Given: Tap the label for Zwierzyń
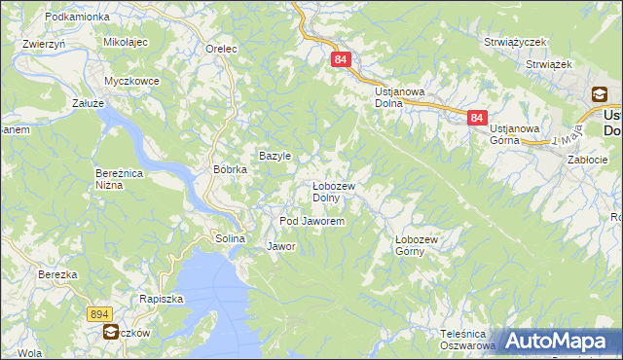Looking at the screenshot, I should click(x=44, y=44).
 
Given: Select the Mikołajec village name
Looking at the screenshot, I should click(x=125, y=43).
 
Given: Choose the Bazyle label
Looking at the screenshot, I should click(x=275, y=156).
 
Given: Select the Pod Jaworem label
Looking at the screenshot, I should click(x=311, y=221).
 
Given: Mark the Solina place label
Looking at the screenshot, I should click(x=230, y=238).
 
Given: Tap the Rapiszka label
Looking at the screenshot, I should click(x=162, y=299).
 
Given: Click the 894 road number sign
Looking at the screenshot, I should click(x=97, y=313).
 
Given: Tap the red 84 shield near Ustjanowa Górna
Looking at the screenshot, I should click(x=476, y=118).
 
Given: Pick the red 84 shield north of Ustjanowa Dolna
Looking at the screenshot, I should click(x=340, y=59).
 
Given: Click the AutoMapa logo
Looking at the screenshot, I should click(x=556, y=342).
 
